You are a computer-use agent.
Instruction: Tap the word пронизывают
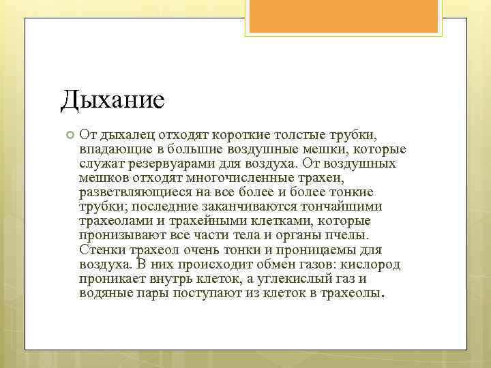(x=117, y=235)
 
